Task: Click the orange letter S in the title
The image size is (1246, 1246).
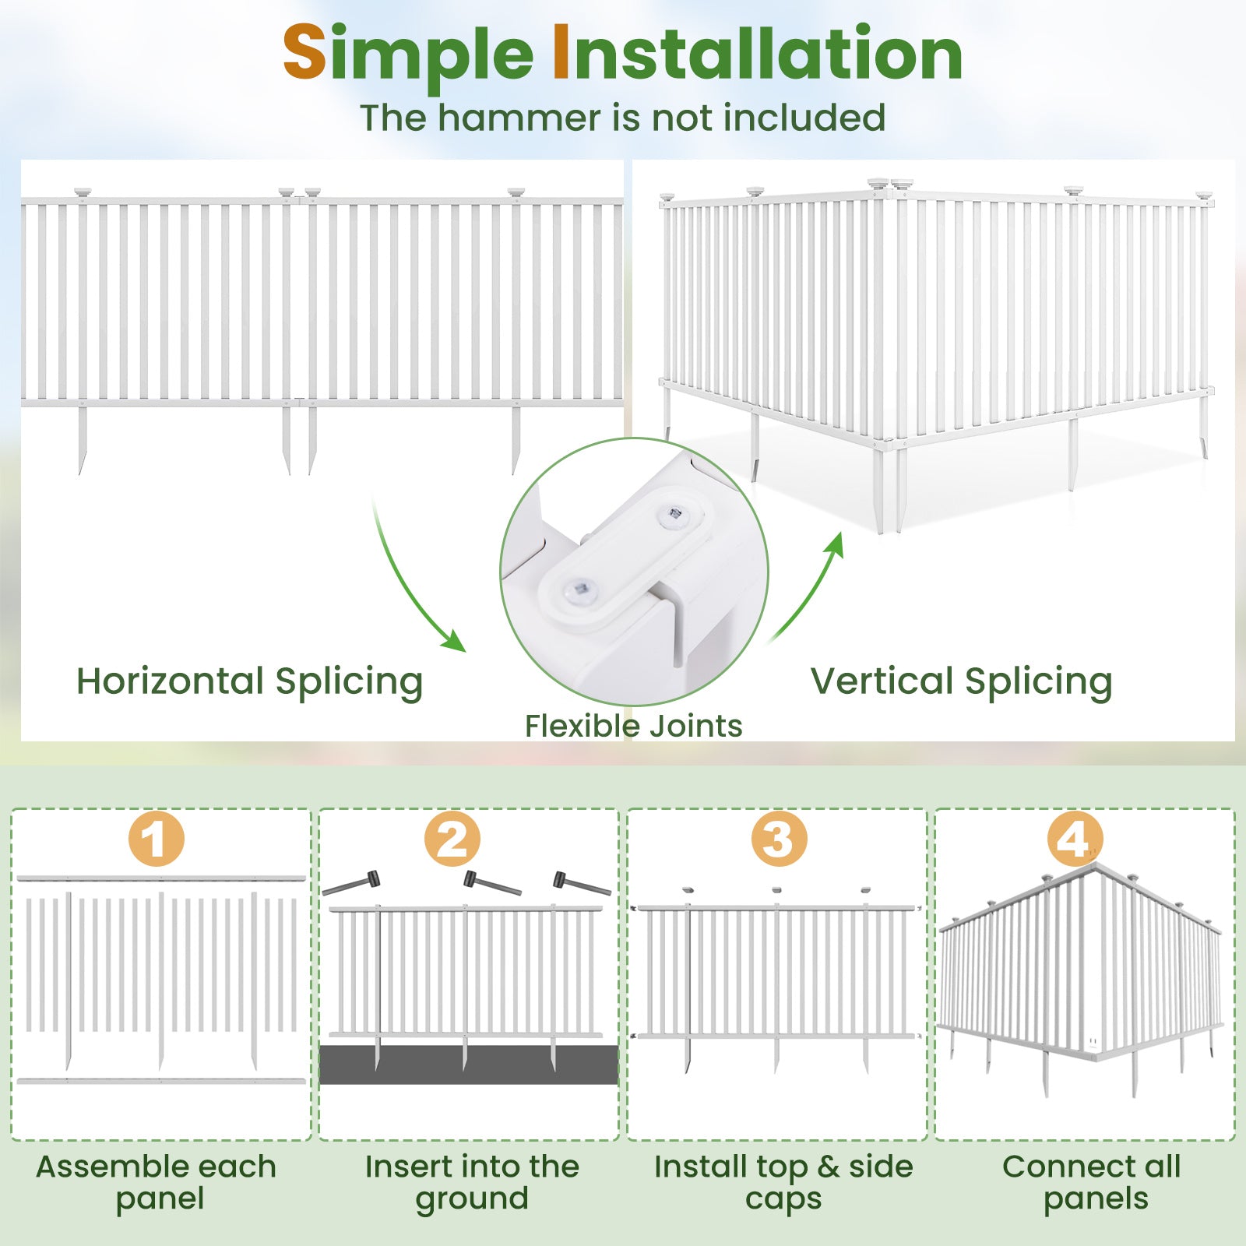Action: pos(304,53)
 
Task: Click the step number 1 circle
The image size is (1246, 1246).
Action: pos(157,839)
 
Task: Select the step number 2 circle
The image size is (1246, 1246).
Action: pos(452,839)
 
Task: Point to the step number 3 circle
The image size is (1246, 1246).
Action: pos(779,839)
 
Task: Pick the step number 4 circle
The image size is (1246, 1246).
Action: pos(1075,839)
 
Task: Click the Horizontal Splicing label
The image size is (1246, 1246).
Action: pos(249,681)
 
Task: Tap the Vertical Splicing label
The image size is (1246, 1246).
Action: pos(961,681)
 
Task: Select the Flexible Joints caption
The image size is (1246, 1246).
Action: pos(633,726)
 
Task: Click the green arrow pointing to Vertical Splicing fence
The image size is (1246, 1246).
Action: pos(810,584)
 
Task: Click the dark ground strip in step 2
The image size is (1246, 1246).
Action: pos(468,1065)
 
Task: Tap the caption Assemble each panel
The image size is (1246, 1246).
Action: pos(157,1182)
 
